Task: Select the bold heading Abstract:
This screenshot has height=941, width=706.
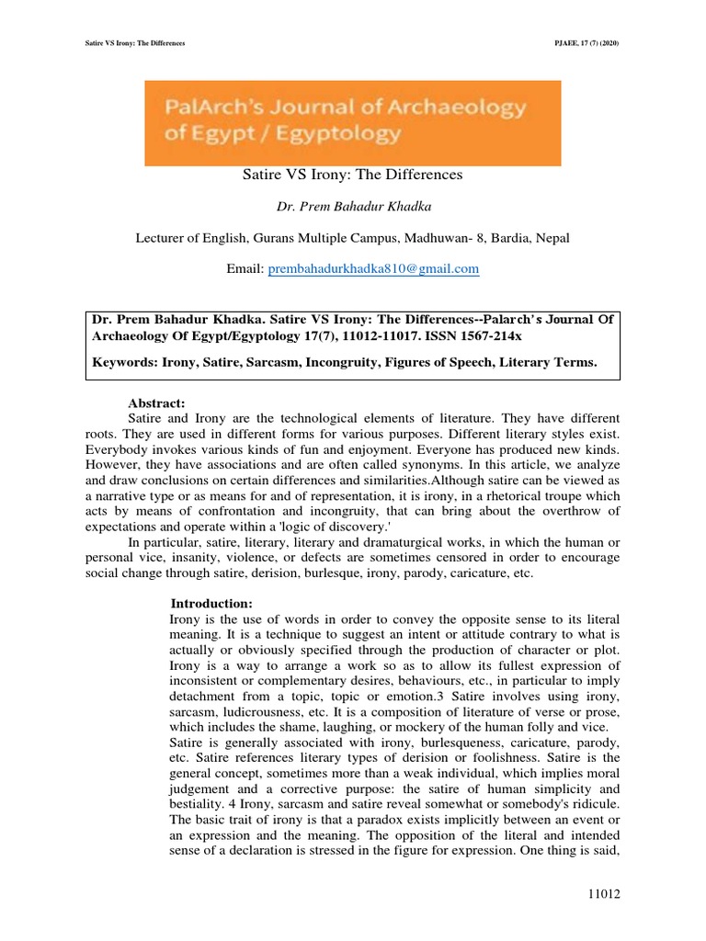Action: click(156, 402)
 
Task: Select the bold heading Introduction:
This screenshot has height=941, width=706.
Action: click(211, 603)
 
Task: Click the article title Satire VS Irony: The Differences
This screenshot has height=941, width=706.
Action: click(353, 174)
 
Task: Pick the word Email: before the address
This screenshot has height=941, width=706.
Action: click(245, 268)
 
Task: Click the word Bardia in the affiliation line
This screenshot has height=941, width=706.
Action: click(493, 237)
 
